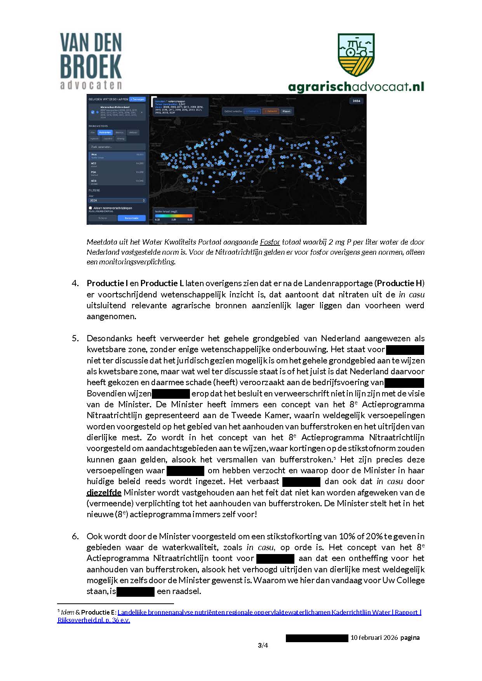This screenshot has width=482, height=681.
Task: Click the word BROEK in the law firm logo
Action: pos(90,67)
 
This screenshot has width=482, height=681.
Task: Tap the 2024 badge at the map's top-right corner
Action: pos(356,101)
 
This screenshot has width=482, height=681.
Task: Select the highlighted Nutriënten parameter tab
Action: pos(105,132)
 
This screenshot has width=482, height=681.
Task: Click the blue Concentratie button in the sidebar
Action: pos(132,218)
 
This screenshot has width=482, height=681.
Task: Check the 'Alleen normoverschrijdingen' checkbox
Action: pos(90,208)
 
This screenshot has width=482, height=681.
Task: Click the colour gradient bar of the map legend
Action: pos(173,216)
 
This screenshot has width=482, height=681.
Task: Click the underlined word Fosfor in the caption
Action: pos(270,242)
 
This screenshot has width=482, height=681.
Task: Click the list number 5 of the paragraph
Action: pos(75,338)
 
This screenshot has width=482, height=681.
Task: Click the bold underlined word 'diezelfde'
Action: pos(104,493)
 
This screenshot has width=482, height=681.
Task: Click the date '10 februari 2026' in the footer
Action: pos(374,638)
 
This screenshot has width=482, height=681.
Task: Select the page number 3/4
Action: pos(263,646)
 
